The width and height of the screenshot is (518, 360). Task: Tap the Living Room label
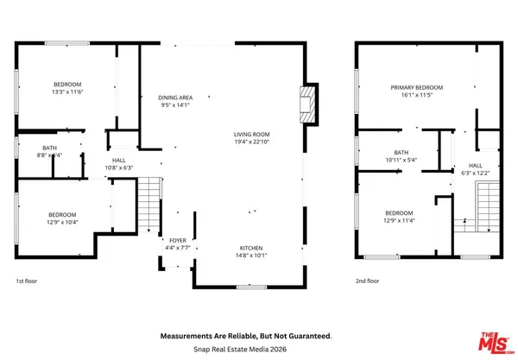pos(252,134)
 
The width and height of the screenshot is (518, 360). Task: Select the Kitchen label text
pos(251,248)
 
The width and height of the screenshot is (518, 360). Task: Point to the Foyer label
pos(178,241)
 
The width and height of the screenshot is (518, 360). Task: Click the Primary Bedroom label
pos(416,87)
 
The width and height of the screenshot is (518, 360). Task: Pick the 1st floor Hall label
pos(119,161)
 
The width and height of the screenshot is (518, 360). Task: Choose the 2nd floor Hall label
pos(476,165)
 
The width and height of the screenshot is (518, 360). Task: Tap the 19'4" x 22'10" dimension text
pos(252,142)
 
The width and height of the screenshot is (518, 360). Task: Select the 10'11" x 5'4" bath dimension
pos(401,160)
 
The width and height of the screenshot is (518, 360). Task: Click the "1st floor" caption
pos(27,281)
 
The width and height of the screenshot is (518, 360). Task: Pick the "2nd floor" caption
pos(368,281)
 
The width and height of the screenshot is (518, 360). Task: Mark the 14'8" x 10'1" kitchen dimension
pos(251,256)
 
